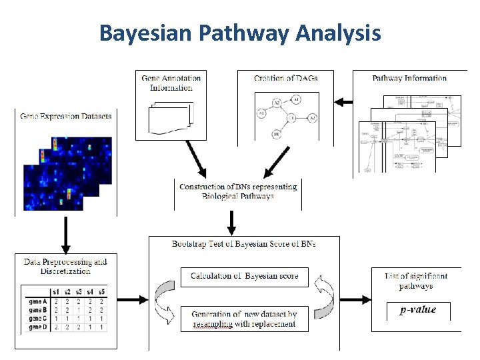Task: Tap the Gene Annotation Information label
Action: [x=171, y=83]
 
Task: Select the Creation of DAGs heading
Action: [x=285, y=78]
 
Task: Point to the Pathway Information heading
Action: [x=409, y=78]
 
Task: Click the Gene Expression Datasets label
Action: [x=66, y=116]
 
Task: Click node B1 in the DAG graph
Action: [x=275, y=134]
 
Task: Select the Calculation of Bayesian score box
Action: [x=244, y=277]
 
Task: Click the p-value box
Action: [x=418, y=311]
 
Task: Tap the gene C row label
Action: [x=37, y=319]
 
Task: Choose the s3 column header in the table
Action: [x=79, y=291]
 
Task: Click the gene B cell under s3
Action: [x=79, y=309]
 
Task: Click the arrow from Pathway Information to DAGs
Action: [x=343, y=102]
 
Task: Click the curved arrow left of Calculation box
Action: [x=163, y=295]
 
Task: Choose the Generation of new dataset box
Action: [x=244, y=319]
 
